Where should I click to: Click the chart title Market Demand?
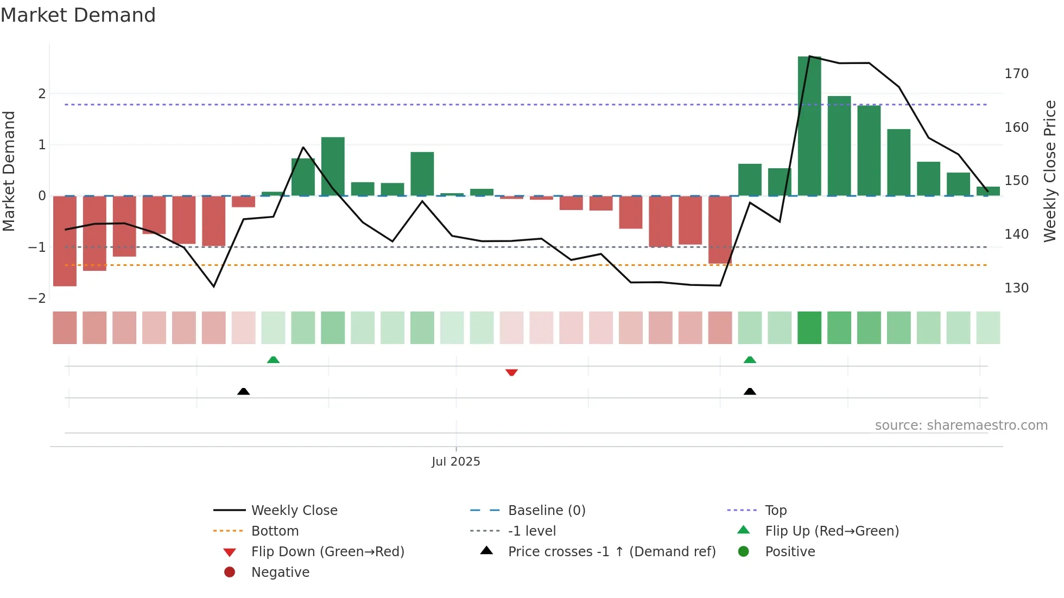click(78, 15)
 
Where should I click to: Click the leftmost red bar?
click(65, 241)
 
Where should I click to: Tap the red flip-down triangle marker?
click(511, 373)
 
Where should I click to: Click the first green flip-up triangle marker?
click(273, 360)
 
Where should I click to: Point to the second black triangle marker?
click(750, 391)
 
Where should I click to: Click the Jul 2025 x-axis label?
click(455, 461)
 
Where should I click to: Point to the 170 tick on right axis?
click(1016, 74)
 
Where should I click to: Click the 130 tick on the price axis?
click(1016, 288)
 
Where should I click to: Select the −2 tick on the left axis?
click(37, 298)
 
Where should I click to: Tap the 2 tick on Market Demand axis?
click(42, 94)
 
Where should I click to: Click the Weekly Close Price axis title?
click(1050, 171)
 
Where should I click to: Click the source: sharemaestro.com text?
click(961, 425)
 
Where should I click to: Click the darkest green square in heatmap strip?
click(809, 328)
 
